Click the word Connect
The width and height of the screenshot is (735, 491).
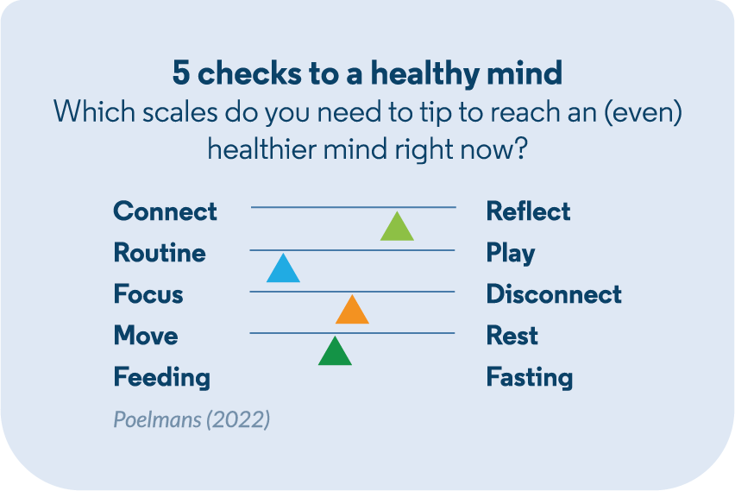[165, 211]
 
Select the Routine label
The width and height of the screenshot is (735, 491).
[160, 252]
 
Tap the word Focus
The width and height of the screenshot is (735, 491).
[148, 294]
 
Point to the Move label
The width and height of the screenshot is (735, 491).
[146, 336]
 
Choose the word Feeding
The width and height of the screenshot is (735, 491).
[162, 377]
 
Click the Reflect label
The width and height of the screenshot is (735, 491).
[528, 211]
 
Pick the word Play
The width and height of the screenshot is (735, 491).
[511, 253]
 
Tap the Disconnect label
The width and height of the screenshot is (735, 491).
[554, 294]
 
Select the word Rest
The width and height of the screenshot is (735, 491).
[512, 336]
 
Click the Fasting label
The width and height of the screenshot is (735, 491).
[530, 377]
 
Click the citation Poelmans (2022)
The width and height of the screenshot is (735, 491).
[192, 419]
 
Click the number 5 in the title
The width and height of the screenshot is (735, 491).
[181, 73]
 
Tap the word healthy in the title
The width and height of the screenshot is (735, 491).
[425, 74]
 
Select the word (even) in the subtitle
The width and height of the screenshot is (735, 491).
[644, 112]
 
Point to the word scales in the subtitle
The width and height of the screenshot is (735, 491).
[180, 112]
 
